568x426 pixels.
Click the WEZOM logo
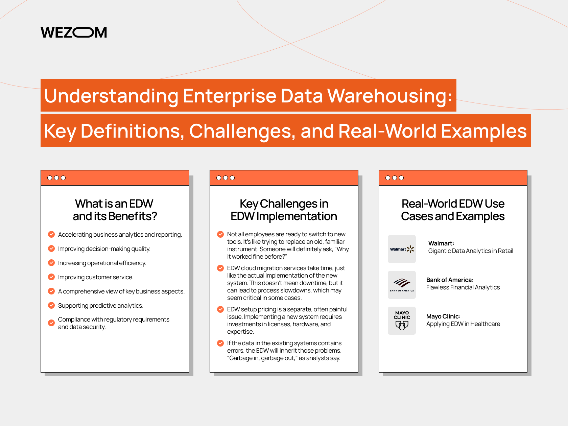[74, 32]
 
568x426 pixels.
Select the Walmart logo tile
[402, 249]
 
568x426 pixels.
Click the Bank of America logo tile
[402, 285]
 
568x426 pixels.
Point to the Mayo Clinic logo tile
[402, 321]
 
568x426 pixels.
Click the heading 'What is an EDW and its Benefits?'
[115, 210]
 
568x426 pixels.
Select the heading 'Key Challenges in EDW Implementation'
[284, 210]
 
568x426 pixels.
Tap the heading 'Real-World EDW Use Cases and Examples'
[453, 210]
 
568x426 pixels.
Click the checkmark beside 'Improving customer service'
[51, 277]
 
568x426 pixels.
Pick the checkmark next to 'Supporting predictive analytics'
[51, 305]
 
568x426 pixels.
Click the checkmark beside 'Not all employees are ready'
[220, 234]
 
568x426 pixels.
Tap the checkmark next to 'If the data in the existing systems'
[220, 343]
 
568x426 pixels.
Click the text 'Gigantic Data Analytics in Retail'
[471, 251]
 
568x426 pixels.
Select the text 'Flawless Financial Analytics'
[463, 287]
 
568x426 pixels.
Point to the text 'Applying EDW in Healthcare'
[463, 324]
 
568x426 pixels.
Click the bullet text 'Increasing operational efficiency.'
[102, 263]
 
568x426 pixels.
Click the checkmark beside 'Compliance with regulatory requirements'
[51, 323]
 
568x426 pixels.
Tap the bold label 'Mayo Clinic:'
[443, 316]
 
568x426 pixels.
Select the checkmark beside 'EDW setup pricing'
[220, 309]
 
